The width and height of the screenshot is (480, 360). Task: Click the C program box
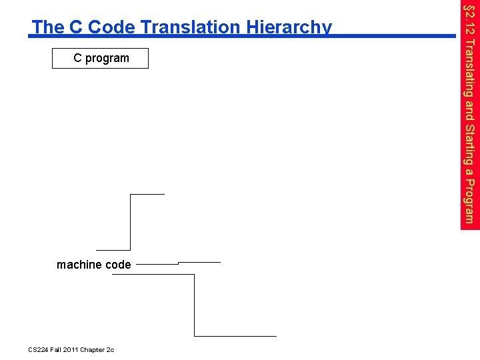pyautogui.click(x=101, y=59)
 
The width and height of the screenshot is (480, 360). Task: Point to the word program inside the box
pyautogui.click(x=107, y=59)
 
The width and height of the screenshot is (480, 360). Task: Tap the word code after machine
pyautogui.click(x=118, y=265)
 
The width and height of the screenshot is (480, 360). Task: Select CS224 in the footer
pyautogui.click(x=40, y=350)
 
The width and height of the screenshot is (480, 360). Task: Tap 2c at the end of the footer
pyautogui.click(x=110, y=350)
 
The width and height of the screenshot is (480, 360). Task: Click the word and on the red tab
pyautogui.click(x=470, y=109)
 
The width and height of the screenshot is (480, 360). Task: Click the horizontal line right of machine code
pyautogui.click(x=157, y=264)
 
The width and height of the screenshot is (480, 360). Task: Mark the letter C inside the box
pyautogui.click(x=77, y=59)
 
